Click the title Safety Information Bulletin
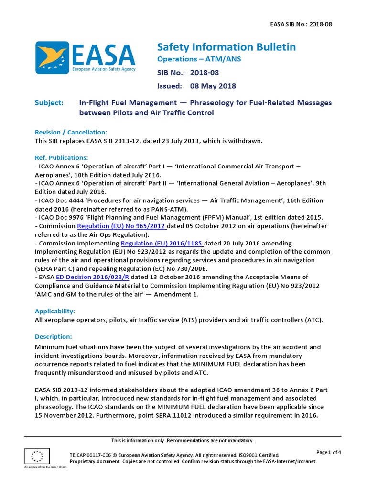pos(226,47)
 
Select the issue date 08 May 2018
pos(213,86)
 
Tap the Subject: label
pos(49,103)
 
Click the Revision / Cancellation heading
pos(71,132)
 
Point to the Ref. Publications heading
pos(62,157)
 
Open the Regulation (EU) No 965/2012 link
pos(122,226)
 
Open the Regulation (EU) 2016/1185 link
pos(162,243)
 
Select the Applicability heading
pos(55,311)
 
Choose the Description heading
pos(54,336)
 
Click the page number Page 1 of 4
pos(328,452)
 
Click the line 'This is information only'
pos(182,440)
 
